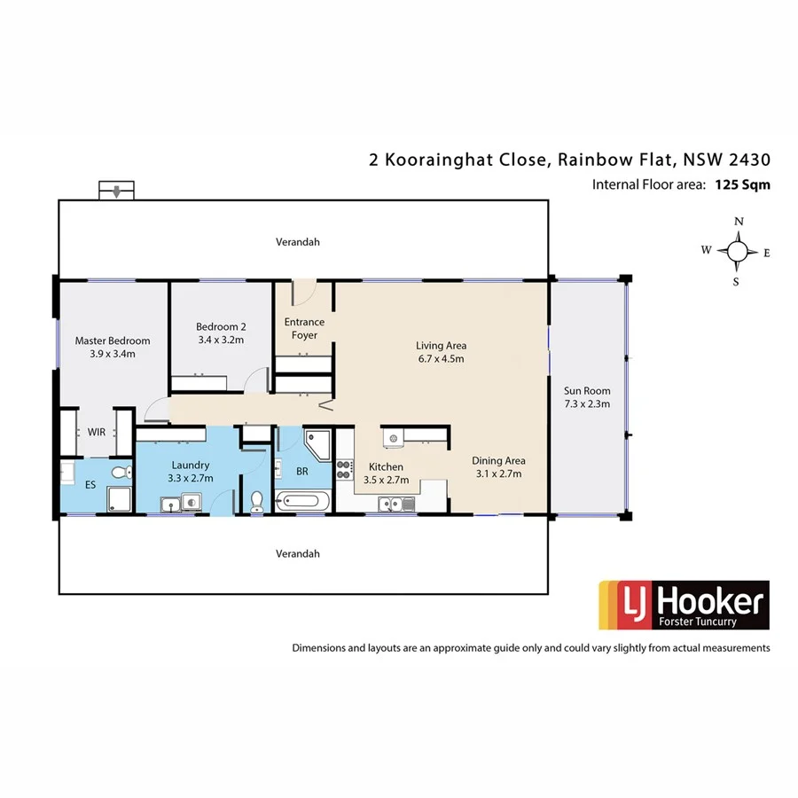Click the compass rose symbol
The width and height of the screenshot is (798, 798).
(737, 252)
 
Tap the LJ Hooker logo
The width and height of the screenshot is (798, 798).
(684, 605)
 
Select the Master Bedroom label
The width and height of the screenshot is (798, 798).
(113, 340)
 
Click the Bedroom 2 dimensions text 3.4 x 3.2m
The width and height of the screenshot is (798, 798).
(220, 340)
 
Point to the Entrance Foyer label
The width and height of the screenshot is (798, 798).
(304, 328)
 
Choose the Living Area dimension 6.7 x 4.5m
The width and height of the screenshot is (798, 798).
(441, 359)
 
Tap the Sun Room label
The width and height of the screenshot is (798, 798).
(587, 390)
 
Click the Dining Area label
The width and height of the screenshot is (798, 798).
(498, 460)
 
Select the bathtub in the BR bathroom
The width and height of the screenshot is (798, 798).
(301, 503)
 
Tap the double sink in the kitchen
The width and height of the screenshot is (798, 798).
(395, 505)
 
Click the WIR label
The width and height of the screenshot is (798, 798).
(96, 432)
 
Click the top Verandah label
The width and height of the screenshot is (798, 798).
(296, 241)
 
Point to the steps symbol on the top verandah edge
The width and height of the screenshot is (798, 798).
(117, 191)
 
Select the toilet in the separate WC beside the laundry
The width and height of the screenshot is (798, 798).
(257, 501)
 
